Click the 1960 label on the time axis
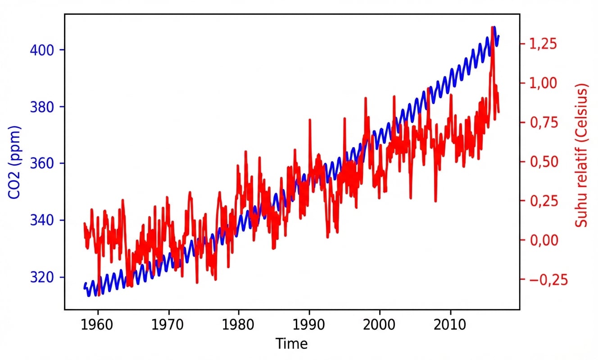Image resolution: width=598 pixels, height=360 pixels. click(x=98, y=324)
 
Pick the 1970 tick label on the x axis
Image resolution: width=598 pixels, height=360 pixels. click(x=168, y=324)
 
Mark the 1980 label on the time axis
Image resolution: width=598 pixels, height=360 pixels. click(x=239, y=324)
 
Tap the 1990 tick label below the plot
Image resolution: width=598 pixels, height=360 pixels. click(x=309, y=324)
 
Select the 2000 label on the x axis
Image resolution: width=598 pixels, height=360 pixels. click(x=380, y=324)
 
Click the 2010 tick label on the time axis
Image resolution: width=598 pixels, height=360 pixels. click(x=450, y=324)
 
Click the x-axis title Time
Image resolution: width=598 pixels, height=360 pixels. click(x=292, y=344)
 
